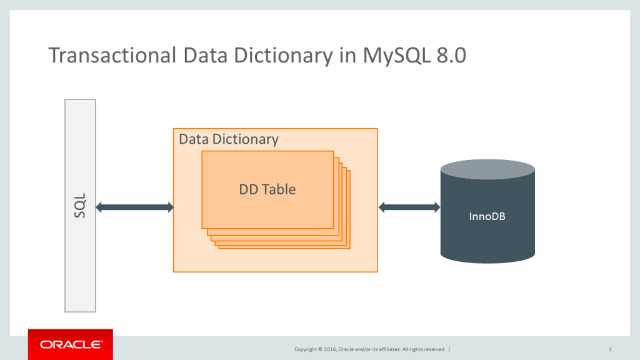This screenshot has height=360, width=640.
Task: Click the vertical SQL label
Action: coord(80,206)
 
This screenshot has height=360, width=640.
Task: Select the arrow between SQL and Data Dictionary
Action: coord(134,207)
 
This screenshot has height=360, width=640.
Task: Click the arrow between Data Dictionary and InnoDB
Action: coord(409,207)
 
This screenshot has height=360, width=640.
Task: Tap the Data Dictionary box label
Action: coord(229,139)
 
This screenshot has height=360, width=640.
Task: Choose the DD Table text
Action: coord(267,189)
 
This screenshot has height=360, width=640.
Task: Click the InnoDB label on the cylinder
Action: coord(487,217)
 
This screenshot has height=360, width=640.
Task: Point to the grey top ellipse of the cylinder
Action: coord(487,168)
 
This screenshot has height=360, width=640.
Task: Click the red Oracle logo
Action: coord(71,344)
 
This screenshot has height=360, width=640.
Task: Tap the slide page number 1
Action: coord(609,349)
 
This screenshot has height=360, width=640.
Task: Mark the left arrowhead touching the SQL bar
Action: coord(100,207)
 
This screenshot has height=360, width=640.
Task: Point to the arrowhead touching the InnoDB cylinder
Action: coord(436,207)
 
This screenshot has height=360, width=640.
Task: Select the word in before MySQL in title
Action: coord(347,56)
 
